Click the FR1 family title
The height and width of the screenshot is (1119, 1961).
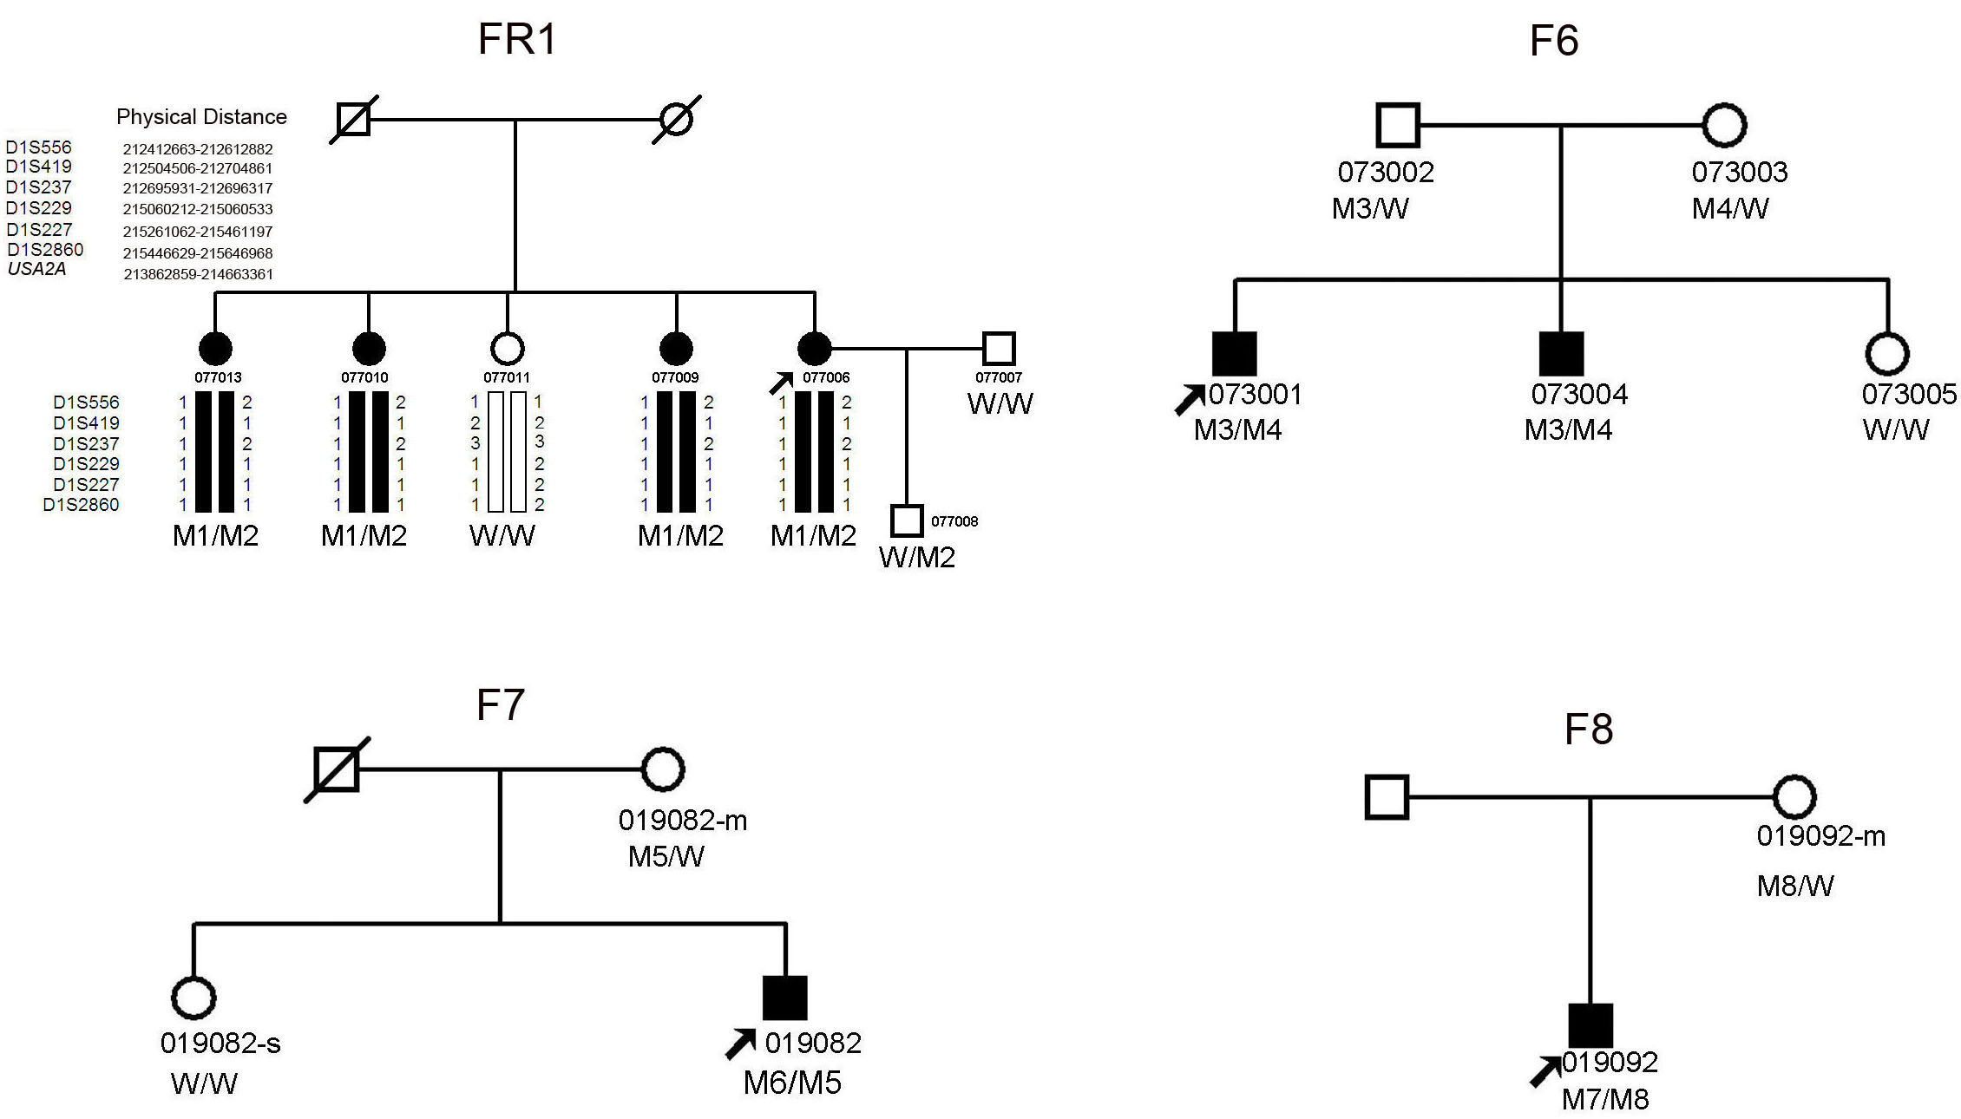517,40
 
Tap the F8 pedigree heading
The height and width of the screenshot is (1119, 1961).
1588,730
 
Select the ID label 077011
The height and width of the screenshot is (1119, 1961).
507,377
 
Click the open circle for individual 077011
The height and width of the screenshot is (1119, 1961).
508,349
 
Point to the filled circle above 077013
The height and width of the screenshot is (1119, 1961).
215,349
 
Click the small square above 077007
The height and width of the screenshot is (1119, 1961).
999,349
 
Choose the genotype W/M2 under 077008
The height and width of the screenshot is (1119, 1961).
917,557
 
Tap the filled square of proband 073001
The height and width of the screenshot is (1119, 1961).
1234,354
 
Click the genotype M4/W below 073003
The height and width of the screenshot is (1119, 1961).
1730,209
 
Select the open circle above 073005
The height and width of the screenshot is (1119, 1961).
1887,354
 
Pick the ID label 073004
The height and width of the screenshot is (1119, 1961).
1579,395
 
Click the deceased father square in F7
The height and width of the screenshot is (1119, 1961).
337,769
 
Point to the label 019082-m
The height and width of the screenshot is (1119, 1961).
683,821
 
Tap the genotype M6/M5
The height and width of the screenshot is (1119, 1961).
792,1083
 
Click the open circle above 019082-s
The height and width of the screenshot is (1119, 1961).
193,998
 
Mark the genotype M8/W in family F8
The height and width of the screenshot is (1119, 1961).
1795,887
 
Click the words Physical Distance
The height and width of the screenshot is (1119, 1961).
201,117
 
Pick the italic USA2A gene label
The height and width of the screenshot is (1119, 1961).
36,270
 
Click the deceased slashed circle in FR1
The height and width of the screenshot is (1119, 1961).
677,118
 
